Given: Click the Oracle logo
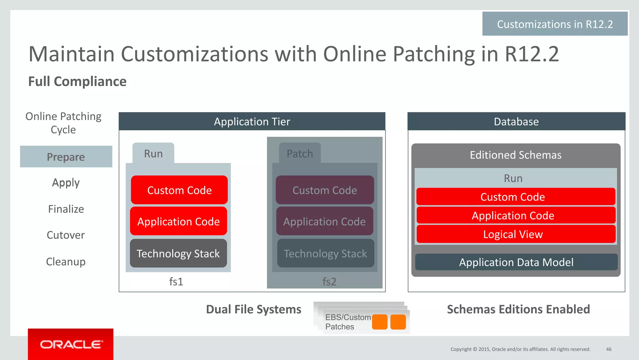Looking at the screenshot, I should tap(71, 344).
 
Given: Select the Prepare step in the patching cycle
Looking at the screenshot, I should tap(66, 157).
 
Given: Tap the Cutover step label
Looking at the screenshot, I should tap(66, 235).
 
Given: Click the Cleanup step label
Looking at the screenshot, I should tap(66, 262).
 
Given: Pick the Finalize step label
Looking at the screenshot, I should tap(66, 209).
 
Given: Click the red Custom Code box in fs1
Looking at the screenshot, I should tap(179, 190).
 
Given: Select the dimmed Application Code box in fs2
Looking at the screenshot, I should tap(324, 221).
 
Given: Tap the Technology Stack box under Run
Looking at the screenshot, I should tap(178, 254).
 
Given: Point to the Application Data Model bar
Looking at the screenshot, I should tap(516, 262).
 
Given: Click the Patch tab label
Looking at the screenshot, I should tap(300, 154).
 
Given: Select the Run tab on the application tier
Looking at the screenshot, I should tap(153, 154).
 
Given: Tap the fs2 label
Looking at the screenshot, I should tap(329, 282).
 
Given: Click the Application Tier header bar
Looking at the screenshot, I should tap(252, 121).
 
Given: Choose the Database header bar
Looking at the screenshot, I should tap(516, 121).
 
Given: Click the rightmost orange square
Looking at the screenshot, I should tap(398, 322).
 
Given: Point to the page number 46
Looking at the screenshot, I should tap(608, 349).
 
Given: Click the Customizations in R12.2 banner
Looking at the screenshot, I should tap(555, 24).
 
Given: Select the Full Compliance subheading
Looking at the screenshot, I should tap(77, 81).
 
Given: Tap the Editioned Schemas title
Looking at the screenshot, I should tap(515, 155).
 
